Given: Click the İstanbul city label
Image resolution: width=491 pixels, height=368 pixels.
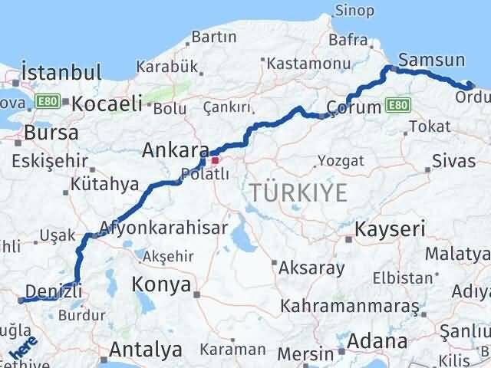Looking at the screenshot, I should click(x=61, y=73).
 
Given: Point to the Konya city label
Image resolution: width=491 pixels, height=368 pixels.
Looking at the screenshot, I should click(x=161, y=285).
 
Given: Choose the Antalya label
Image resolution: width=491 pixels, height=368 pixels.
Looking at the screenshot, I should click(x=146, y=350).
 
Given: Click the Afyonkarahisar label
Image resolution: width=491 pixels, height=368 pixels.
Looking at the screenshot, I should click(x=163, y=228).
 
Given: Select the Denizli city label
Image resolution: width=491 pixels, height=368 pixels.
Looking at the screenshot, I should click(x=53, y=289).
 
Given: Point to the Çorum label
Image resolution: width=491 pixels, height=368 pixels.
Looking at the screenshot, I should click(x=354, y=108).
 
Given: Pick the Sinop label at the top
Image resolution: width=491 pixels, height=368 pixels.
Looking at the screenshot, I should click(x=355, y=11).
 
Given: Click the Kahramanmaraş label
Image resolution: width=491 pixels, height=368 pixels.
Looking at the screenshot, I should click(x=349, y=306).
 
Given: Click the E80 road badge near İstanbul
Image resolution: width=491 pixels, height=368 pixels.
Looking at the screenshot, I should click(x=47, y=100).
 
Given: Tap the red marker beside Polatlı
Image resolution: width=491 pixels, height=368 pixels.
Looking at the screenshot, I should click(x=216, y=160).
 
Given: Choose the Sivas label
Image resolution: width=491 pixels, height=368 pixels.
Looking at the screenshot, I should click(x=449, y=161).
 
